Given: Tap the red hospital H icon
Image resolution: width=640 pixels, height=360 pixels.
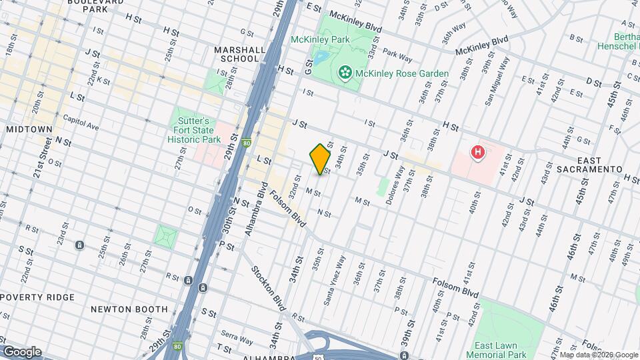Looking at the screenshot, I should click(477, 153).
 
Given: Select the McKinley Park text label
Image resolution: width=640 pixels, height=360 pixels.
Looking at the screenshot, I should click(320, 39).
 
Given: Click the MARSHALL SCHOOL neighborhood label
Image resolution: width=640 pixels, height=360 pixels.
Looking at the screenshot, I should click(236, 54).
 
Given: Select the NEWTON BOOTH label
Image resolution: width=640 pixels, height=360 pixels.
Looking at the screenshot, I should click(129, 309).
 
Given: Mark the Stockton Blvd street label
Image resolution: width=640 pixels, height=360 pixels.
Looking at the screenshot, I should click(269, 289).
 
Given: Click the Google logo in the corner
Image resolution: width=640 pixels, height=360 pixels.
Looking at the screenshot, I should click(22, 351).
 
